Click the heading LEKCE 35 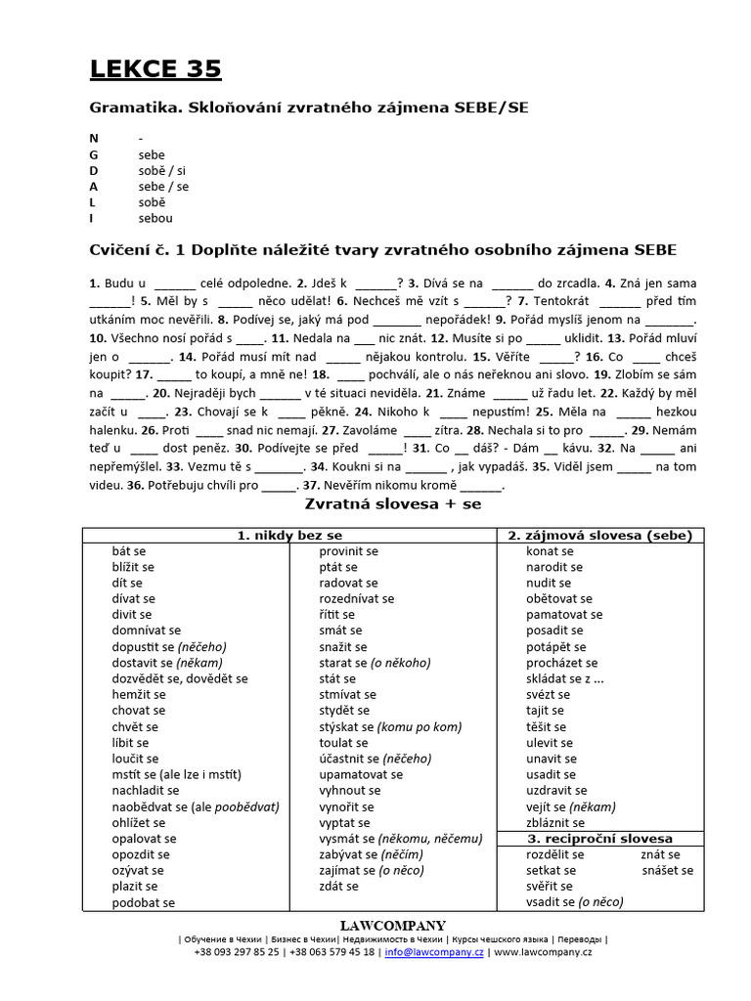tap(155, 68)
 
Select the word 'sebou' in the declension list tap(155, 218)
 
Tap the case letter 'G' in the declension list tap(94, 154)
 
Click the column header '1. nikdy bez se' tap(289, 535)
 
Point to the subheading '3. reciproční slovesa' tap(599, 839)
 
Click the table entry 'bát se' tap(129, 551)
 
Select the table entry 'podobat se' tap(144, 902)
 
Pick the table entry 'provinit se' tap(348, 551)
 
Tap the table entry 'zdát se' tap(338, 886)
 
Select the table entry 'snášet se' tap(667, 870)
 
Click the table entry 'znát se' tap(659, 853)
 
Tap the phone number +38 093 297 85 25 tap(236, 951)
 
